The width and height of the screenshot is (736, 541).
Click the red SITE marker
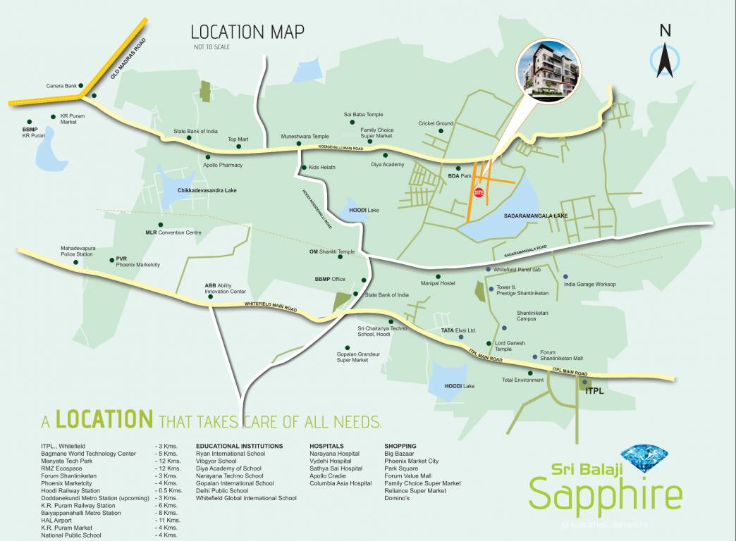(x=479, y=192)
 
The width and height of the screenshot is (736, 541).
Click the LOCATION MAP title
(x=247, y=32)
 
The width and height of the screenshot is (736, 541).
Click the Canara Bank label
(x=61, y=85)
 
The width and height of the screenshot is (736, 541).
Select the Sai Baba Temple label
(x=363, y=114)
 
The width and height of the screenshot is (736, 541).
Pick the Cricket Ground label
(x=436, y=123)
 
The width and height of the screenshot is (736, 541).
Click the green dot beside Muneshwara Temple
(x=299, y=144)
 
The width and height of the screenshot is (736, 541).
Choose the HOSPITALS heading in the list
(x=326, y=446)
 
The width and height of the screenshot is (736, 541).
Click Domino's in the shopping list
(x=398, y=498)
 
